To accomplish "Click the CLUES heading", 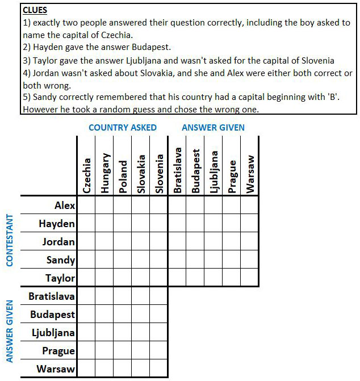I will click(x=35, y=10).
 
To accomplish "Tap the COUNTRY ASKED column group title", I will click(x=122, y=127).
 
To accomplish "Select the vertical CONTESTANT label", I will click(x=9, y=240).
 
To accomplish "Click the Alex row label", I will click(x=64, y=206).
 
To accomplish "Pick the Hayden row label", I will click(x=57, y=224).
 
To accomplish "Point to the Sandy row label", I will click(x=60, y=260).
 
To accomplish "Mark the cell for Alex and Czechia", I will click(x=86, y=206).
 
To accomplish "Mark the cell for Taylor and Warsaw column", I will click(x=250, y=278).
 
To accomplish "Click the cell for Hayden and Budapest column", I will click(x=195, y=224).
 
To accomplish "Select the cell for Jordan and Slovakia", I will click(x=141, y=242).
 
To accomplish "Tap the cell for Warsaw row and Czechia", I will click(x=86, y=369).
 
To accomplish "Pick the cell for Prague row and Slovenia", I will click(x=159, y=351).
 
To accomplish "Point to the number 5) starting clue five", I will click(x=26, y=98).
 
